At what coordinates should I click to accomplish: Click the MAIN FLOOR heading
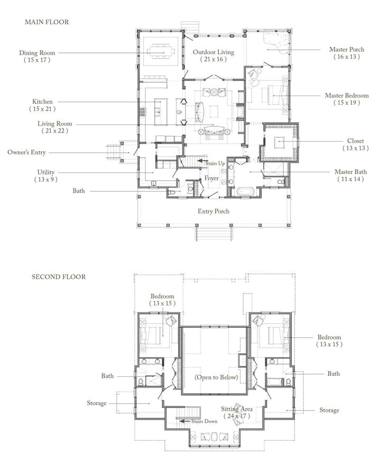[x=47, y=22]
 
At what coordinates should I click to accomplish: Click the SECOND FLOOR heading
[x=59, y=276]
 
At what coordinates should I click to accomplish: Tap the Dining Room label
[x=37, y=53]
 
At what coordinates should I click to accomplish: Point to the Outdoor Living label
[x=214, y=52]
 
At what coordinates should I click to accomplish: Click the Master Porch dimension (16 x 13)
[x=347, y=57]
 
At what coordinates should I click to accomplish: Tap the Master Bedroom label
[x=347, y=95]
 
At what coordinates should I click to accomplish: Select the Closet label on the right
[x=355, y=141]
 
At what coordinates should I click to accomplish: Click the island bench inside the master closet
[x=279, y=142]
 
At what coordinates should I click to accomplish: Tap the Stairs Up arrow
[x=203, y=161]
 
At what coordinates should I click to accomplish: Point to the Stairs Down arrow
[x=184, y=421]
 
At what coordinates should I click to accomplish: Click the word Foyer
[x=211, y=178]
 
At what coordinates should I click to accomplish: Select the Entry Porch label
[x=214, y=211]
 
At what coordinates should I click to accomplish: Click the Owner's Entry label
[x=27, y=152]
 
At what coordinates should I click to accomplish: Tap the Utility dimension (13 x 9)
[x=46, y=180]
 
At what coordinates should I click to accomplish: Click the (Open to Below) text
[x=216, y=377]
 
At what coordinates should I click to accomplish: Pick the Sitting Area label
[x=237, y=409]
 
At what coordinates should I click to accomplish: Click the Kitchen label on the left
[x=42, y=101]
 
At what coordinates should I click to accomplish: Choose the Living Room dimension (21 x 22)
[x=54, y=131]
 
